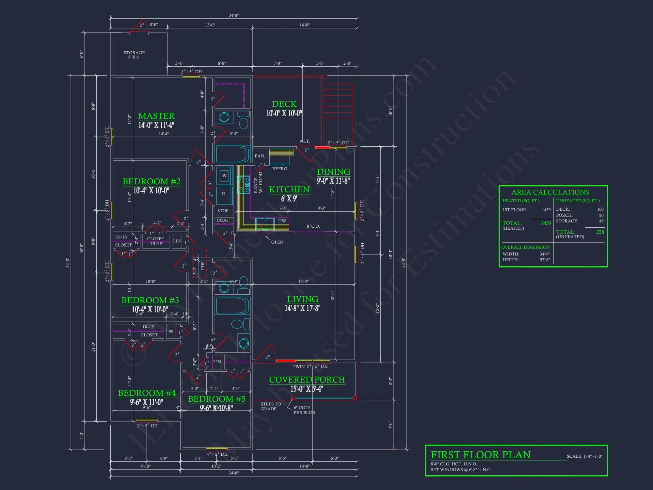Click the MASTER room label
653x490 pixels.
coord(156,116)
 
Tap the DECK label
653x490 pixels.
coord(284,104)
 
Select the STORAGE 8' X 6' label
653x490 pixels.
coord(134,55)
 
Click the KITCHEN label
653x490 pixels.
coord(289,189)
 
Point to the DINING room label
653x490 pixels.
coord(333,172)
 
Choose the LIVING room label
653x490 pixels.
coord(303,299)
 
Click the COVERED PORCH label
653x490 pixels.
coord(307,380)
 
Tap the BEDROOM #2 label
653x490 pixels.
coord(151,182)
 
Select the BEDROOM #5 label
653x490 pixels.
coord(216,399)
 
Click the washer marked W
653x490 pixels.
coord(224,176)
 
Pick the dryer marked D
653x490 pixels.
coord(224,194)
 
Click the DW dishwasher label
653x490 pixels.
coord(282,221)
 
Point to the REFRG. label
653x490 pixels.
coord(280,169)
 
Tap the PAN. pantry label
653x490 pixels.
coord(260,156)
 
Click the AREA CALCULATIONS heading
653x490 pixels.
coord(550,192)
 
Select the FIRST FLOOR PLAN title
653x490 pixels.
coord(481,455)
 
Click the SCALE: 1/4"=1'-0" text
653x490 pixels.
coord(584,456)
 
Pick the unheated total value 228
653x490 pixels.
coord(600,232)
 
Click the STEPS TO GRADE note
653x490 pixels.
coord(270,406)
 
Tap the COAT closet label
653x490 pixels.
coord(223,220)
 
